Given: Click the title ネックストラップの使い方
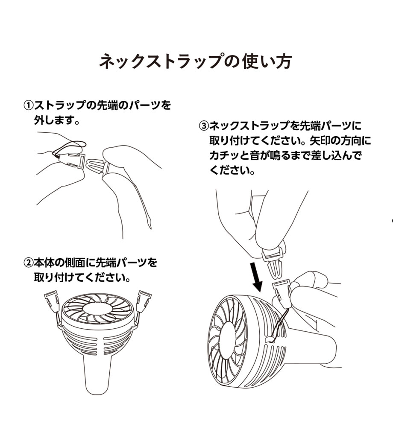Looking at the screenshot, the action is point(195,61).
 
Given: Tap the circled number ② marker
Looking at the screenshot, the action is point(28,263).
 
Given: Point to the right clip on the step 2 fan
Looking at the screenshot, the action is point(144,301).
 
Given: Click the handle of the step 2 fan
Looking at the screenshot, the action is point(98,374).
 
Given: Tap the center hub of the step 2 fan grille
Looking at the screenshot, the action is point(97,308).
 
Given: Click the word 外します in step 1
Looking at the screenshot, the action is point(53,120).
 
